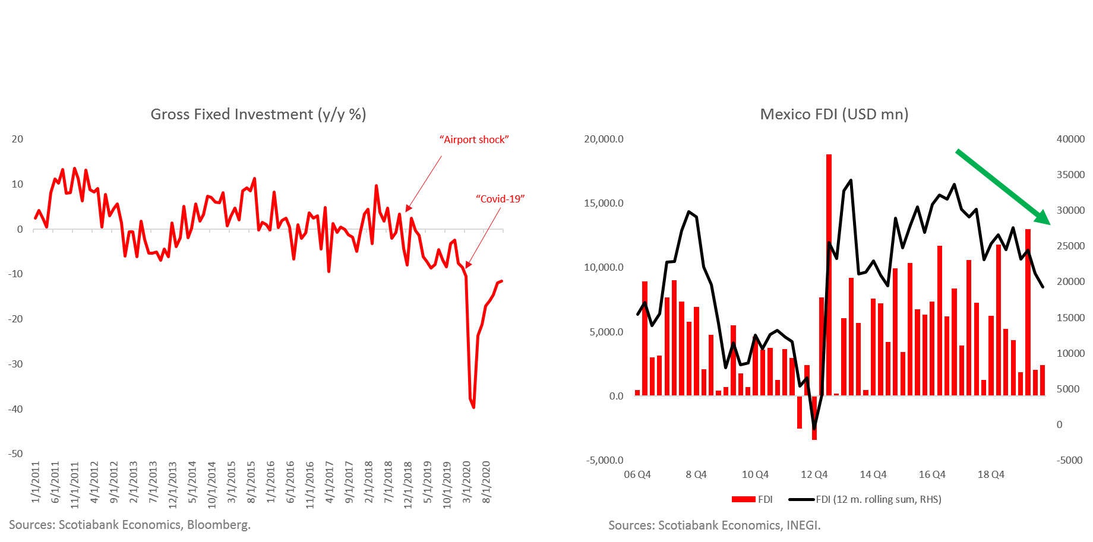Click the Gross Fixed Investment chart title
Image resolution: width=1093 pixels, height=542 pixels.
pyautogui.click(x=258, y=114)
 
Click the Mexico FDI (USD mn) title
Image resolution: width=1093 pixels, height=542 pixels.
pyautogui.click(x=834, y=114)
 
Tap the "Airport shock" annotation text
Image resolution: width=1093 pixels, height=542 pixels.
pyautogui.click(x=474, y=140)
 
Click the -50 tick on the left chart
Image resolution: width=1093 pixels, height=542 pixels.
pyautogui.click(x=15, y=454)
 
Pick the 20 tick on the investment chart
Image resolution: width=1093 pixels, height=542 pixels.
pyautogui.click(x=17, y=139)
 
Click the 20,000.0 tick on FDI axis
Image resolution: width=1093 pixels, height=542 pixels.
pyautogui.click(x=604, y=139)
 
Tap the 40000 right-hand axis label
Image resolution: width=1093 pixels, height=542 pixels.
pyautogui.click(x=1070, y=139)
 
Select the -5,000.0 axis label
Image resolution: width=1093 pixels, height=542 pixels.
pyautogui.click(x=605, y=460)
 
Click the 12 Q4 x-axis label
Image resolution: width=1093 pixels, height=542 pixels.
pyautogui.click(x=814, y=474)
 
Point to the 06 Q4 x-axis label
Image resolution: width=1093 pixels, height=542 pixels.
pyautogui.click(x=637, y=474)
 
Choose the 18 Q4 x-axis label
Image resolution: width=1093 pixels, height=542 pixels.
pyautogui.click(x=991, y=474)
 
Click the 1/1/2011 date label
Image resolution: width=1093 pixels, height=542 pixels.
pyautogui.click(x=36, y=482)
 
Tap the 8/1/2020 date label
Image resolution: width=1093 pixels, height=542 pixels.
pyautogui.click(x=487, y=482)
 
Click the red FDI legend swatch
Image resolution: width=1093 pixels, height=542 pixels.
pyautogui.click(x=743, y=499)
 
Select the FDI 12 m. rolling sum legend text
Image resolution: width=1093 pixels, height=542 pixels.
pyautogui.click(x=879, y=499)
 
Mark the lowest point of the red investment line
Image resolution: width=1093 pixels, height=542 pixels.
pyautogui.click(x=473, y=407)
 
